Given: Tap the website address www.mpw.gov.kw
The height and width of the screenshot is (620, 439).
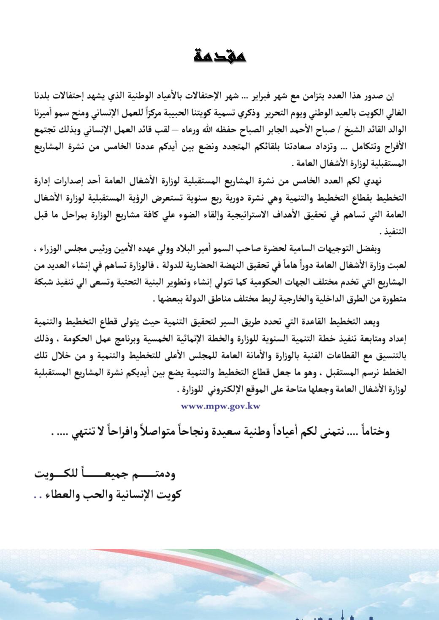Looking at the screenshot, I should point(220,406).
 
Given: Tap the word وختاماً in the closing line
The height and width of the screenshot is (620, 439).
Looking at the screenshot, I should point(372,432).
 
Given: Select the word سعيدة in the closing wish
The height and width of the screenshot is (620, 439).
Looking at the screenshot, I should point(241,432).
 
